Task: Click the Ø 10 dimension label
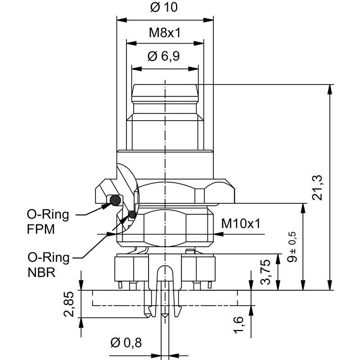[165, 8]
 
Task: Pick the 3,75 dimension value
[266, 272]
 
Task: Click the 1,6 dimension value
[239, 324]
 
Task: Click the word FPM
[41, 229]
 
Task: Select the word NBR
[41, 273]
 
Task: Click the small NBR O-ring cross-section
[132, 214]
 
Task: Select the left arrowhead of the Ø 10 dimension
[120, 20]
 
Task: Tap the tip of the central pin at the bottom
[166, 318]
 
